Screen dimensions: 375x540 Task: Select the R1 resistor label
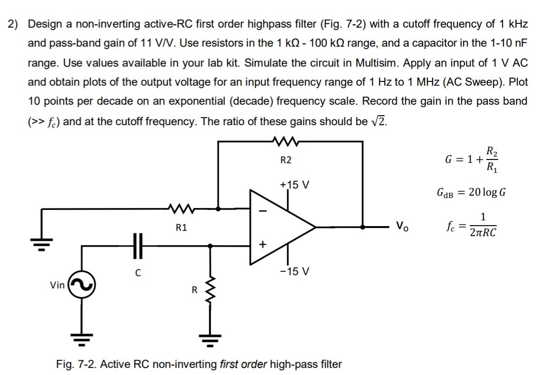181,227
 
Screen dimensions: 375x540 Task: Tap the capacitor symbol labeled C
137,246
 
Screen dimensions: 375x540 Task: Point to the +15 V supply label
295,184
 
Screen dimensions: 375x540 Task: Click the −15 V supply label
294,272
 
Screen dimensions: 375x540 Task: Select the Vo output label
401,227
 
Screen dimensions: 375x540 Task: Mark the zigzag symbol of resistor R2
285,141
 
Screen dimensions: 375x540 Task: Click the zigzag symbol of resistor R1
181,208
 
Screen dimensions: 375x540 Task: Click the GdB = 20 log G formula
471,192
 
